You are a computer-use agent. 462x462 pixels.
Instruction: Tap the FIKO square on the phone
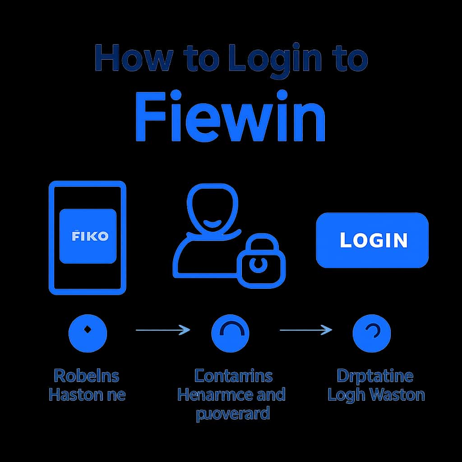coord(88,236)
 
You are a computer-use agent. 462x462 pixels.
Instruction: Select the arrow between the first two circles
coord(162,331)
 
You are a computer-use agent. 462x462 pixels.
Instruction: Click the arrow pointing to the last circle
coord(306,331)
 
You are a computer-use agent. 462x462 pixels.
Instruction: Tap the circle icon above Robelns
coord(88,333)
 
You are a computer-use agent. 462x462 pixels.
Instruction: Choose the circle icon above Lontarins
coord(230,333)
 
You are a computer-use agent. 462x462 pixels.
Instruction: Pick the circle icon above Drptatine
coord(371,333)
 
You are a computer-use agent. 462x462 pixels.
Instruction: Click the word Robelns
coord(87,375)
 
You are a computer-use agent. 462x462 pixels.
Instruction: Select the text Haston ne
coord(87,395)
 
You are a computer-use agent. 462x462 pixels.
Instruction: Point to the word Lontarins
coord(233,375)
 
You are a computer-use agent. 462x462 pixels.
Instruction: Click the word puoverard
coord(232,414)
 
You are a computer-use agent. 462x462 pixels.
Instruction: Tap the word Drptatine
coord(375,375)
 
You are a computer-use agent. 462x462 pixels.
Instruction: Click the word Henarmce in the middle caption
coord(214,395)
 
